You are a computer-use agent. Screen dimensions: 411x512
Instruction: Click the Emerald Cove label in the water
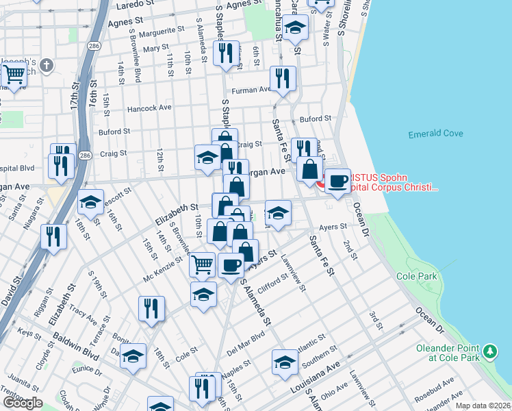click(435, 134)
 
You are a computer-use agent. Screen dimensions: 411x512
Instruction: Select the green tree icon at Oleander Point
click(489, 352)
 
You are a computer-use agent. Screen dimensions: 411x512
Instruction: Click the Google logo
click(23, 403)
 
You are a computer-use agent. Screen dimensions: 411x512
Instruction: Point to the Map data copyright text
click(482, 406)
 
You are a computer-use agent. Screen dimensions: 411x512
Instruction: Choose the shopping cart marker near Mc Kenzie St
click(202, 264)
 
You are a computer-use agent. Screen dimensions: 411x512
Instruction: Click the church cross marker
click(47, 66)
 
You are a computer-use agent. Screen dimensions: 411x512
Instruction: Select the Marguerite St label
click(162, 32)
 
